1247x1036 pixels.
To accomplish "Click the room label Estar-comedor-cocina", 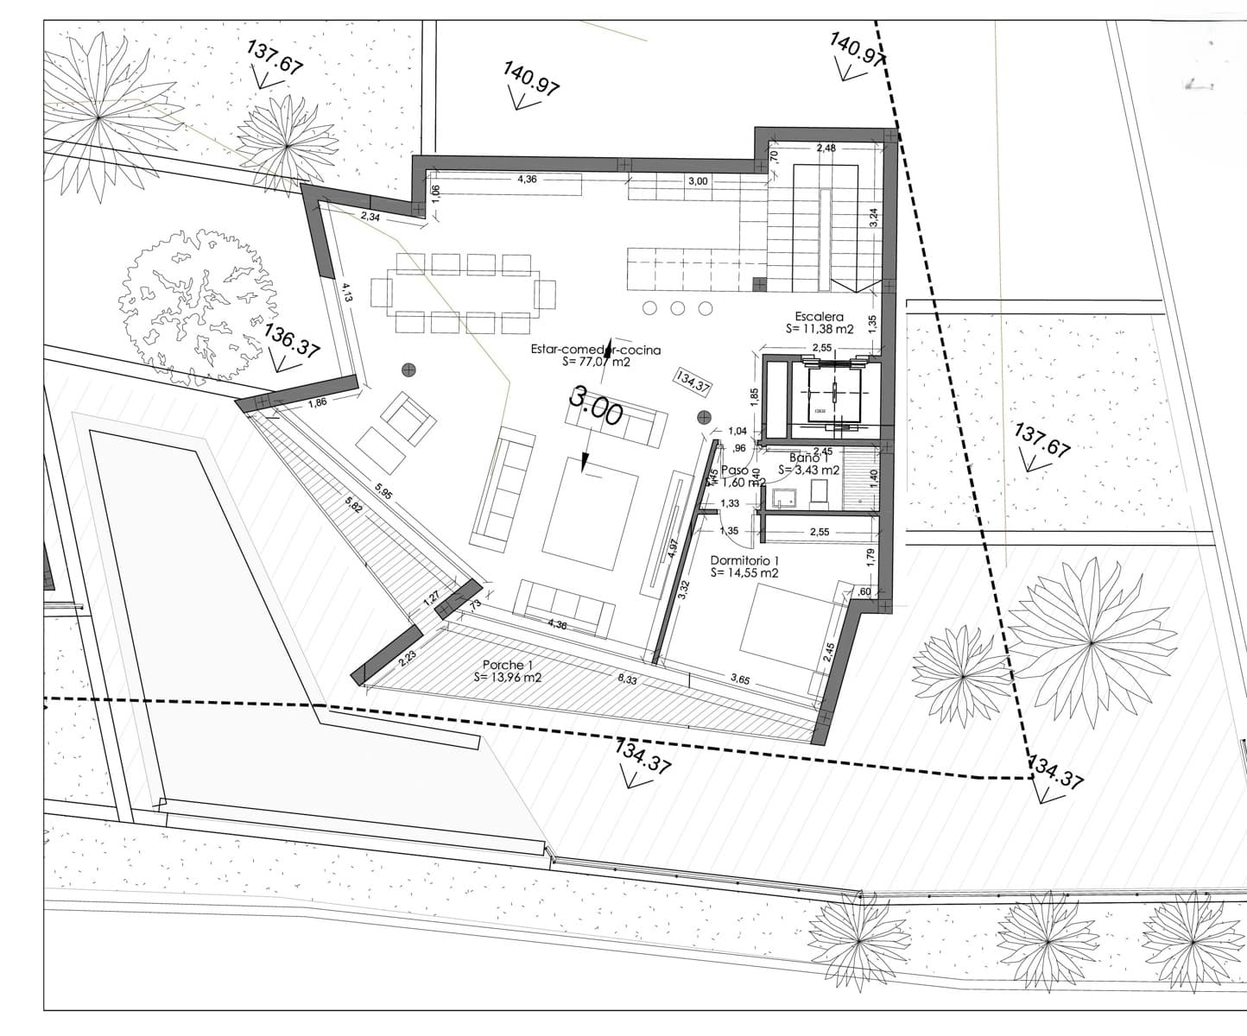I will click(596, 350).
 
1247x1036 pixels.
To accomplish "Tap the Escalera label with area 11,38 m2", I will click(820, 323).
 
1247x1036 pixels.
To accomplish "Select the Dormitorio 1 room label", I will click(744, 565).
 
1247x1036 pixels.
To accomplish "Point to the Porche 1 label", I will click(507, 671).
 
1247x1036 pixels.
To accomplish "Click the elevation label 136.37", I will click(291, 341).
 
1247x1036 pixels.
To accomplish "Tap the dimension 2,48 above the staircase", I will click(826, 148).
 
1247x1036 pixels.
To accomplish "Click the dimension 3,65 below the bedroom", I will click(740, 679).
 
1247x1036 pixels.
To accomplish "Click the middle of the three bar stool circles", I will click(678, 308).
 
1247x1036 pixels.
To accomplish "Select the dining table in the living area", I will click(463, 294).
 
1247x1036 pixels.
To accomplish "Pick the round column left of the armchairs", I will click(408, 370).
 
